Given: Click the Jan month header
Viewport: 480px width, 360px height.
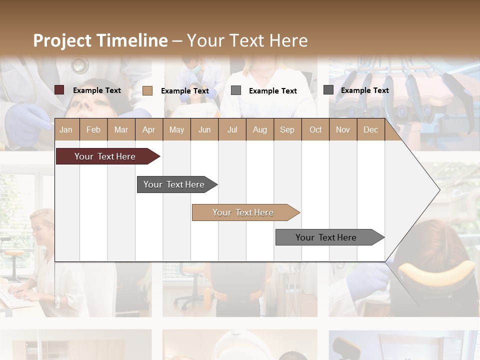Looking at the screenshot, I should [66, 130].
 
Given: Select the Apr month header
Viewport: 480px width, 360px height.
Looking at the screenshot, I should [148, 130].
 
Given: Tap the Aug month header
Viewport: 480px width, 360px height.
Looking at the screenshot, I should [259, 130].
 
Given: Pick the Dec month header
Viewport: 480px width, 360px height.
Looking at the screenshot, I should [370, 130].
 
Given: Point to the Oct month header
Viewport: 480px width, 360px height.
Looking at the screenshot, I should [315, 130].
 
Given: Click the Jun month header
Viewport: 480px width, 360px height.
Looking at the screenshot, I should [204, 130].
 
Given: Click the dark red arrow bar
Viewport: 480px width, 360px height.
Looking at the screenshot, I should [105, 156].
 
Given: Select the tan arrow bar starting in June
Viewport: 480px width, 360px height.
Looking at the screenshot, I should [243, 212].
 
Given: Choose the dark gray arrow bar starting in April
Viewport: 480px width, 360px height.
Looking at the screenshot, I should [174, 184].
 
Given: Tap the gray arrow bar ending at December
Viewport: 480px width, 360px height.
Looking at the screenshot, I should [326, 237].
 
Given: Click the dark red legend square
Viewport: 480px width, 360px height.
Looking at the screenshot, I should [59, 90].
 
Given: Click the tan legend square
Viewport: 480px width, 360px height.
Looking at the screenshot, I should [147, 90].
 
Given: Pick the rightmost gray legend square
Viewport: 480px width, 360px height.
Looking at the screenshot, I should [328, 90].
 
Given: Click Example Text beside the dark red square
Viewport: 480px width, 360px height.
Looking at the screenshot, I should [97, 90].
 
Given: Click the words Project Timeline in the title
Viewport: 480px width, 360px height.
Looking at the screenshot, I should [100, 40].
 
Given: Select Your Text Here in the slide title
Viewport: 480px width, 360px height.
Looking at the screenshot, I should [247, 40].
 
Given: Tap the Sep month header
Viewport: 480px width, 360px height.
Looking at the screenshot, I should [287, 130].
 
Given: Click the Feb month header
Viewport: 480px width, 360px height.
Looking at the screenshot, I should [93, 130].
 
